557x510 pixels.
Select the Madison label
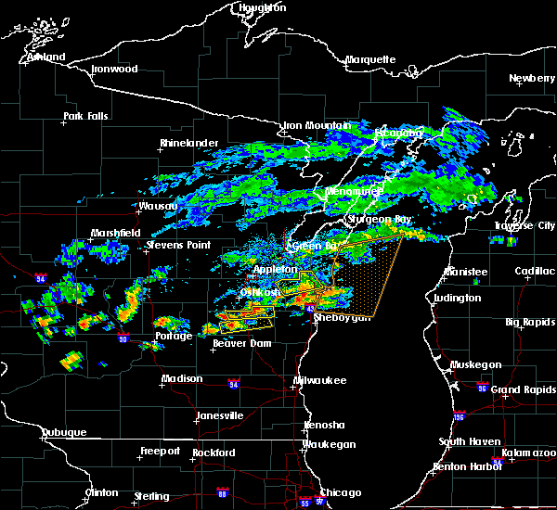coord(182,378)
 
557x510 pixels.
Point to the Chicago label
coord(340,492)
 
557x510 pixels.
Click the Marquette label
coord(371,60)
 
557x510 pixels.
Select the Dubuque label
coord(65,433)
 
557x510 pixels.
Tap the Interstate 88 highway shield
coord(221,492)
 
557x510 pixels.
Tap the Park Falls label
coord(85,117)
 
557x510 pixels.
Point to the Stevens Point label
coord(177,246)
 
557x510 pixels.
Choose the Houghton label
coord(263,7)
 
